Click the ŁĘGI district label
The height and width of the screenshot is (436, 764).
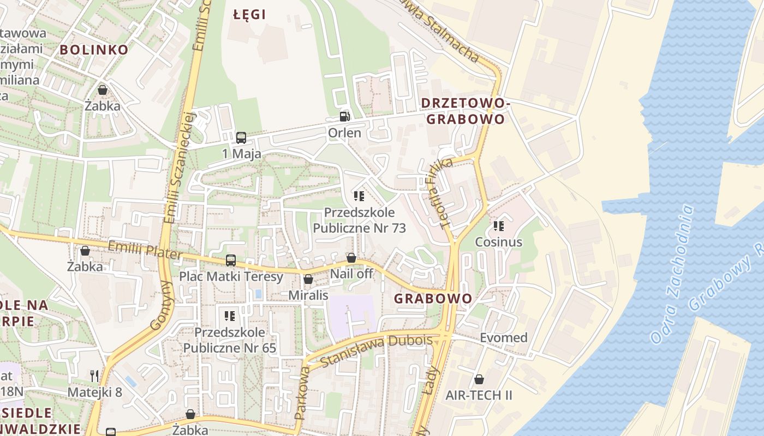click(249, 15)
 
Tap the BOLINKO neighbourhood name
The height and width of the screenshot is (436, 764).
click(94, 50)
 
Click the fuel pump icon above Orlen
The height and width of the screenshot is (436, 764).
click(344, 116)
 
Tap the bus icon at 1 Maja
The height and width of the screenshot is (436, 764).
click(241, 138)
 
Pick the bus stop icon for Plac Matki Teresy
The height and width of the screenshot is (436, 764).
click(231, 261)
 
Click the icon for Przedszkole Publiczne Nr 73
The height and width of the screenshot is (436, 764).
click(359, 196)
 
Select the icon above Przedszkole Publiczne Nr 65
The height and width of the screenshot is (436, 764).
click(230, 316)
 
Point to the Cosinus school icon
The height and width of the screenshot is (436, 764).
click(498, 226)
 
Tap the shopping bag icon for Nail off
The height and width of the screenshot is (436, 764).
click(351, 258)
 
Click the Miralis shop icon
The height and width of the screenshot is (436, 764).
click(308, 279)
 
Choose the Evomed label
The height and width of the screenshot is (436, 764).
click(503, 338)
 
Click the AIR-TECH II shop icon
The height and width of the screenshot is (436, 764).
click(479, 379)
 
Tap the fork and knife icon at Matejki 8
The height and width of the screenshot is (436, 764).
click(94, 376)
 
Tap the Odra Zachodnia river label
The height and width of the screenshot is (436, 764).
click(672, 274)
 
